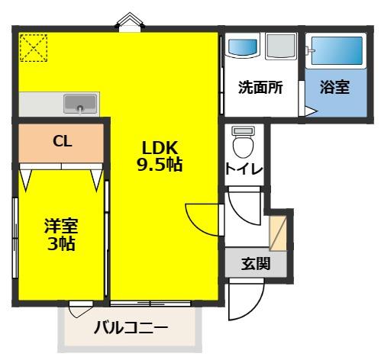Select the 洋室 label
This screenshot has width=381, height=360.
coord(60,227)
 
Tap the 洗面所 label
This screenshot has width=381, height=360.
coord(260,87)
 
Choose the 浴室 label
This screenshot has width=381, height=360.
coord(335,87)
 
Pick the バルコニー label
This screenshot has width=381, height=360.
coord(131,328)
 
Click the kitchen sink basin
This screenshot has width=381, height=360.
coord(80,102)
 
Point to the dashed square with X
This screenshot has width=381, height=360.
coord(33,48)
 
